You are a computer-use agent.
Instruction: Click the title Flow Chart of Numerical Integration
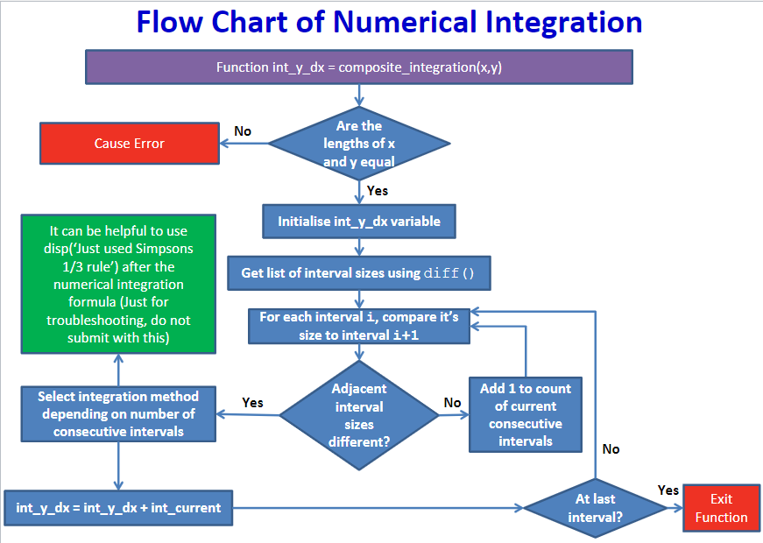(389, 22)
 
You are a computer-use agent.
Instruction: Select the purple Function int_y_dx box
(358, 67)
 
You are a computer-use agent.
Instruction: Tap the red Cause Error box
(129, 144)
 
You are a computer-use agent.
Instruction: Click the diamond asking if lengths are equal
(358, 144)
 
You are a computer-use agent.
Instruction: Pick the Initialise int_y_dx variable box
(359, 221)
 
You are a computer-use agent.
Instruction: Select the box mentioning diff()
(358, 272)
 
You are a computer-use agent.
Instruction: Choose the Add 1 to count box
(526, 414)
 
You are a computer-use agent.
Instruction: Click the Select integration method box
(118, 414)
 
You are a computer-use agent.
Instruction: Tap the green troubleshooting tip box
(118, 285)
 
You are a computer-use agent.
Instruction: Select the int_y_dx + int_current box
(118, 507)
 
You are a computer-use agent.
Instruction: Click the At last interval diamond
(595, 508)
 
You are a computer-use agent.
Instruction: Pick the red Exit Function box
(721, 508)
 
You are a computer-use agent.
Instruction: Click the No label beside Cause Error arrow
(243, 131)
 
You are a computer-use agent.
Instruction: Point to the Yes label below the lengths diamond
(378, 190)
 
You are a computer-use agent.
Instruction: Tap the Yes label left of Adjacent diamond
(252, 403)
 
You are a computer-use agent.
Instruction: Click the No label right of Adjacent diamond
(452, 403)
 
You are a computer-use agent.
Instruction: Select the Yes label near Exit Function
(668, 490)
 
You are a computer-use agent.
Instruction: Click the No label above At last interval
(611, 448)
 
